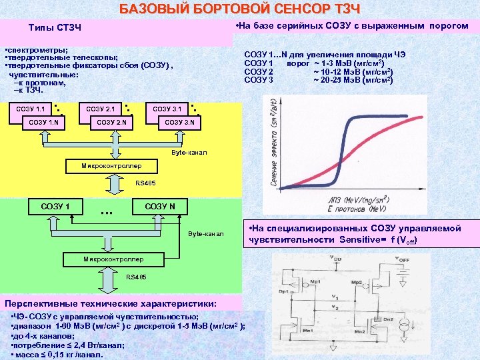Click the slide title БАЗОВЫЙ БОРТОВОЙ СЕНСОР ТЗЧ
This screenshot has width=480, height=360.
(x=240, y=9)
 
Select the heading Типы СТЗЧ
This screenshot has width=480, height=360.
(x=55, y=28)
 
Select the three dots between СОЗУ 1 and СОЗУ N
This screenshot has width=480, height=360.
(x=105, y=213)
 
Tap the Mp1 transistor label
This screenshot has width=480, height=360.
(x=314, y=282)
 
